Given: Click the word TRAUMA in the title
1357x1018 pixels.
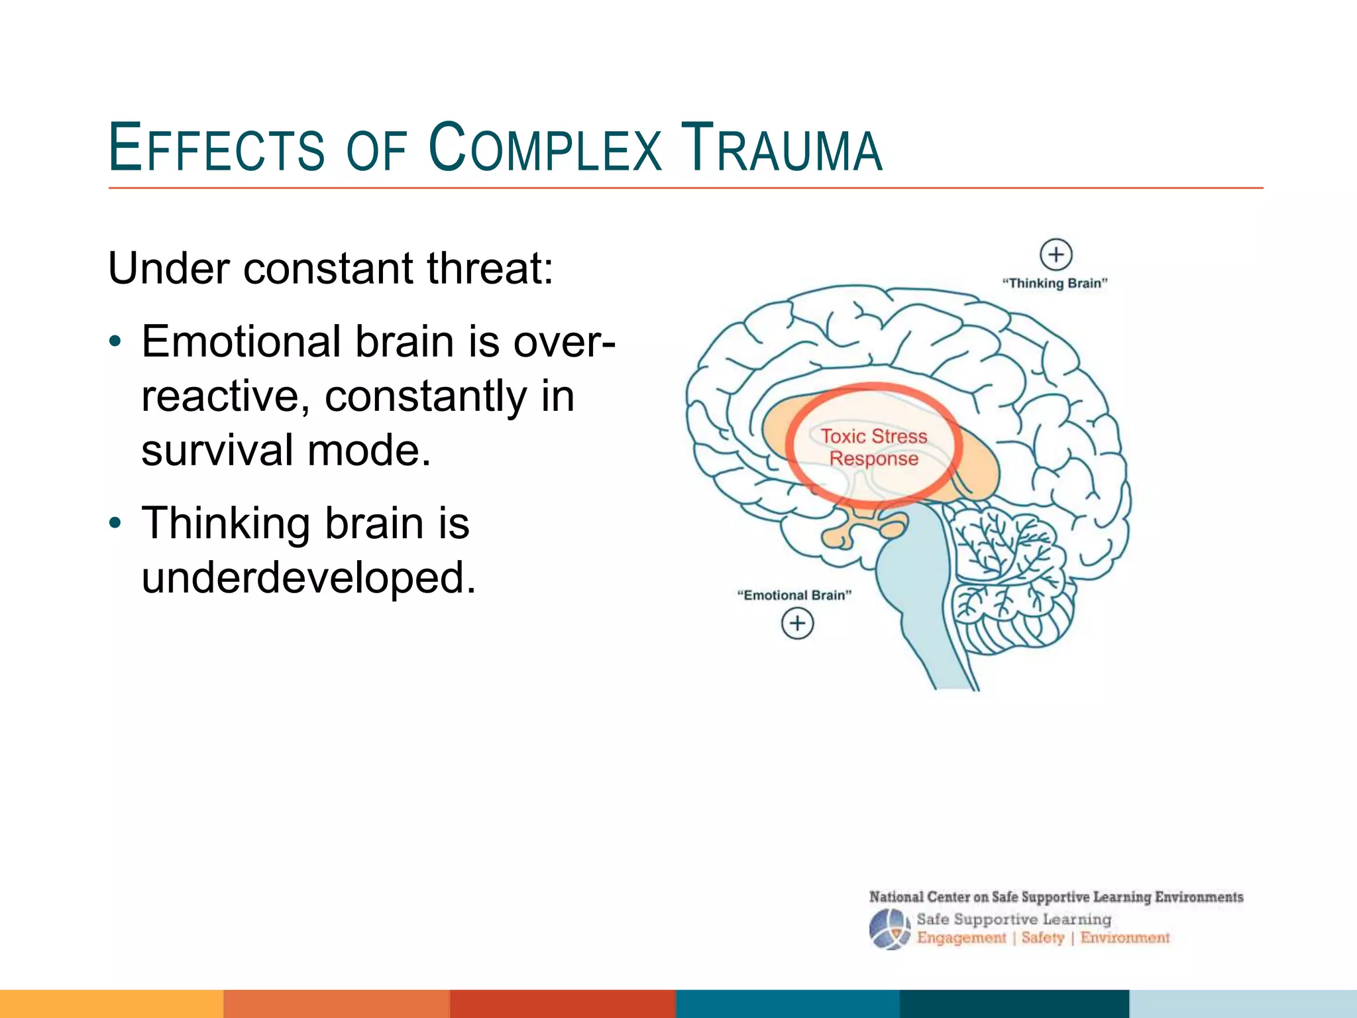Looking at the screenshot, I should tap(782, 148).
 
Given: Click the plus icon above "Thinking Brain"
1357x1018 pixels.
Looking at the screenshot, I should tap(1056, 254).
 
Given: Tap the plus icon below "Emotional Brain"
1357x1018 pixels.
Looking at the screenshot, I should tap(797, 624).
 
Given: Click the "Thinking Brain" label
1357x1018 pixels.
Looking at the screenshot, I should tap(1055, 284).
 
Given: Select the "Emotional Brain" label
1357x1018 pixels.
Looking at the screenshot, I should tap(794, 595).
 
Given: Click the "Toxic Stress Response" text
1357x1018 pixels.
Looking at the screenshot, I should tap(874, 447).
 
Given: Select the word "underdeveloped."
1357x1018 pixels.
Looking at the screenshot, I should tap(309, 578).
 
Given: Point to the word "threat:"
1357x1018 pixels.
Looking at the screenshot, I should tap(490, 269).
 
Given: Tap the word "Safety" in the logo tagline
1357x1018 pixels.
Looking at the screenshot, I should tap(1043, 938).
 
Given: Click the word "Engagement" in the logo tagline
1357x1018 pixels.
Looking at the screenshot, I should tap(961, 938).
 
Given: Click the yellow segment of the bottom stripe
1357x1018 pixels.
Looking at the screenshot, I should tap(111, 1003).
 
